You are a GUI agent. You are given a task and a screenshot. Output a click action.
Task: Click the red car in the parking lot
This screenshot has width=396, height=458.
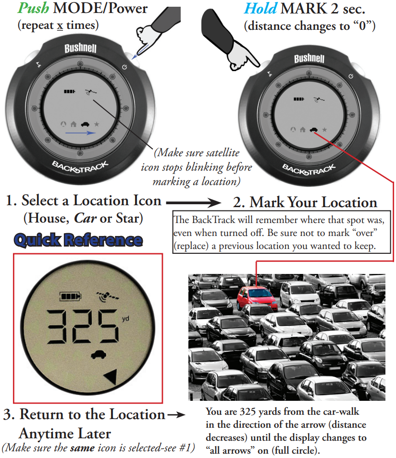pos(257,298)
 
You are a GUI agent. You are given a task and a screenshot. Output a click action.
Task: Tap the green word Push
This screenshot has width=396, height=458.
pos(33,8)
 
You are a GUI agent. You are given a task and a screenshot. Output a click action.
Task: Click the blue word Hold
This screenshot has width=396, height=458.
pos(260,8)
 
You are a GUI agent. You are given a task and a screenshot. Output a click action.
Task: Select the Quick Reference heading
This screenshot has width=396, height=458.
pos(78,240)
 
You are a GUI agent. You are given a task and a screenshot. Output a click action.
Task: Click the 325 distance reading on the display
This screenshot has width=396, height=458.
pos(83,326)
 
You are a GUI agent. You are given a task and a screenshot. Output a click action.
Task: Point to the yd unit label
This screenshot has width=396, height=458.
pos(125,318)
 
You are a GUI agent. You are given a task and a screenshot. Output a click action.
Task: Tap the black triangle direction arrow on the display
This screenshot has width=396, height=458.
pos(111,376)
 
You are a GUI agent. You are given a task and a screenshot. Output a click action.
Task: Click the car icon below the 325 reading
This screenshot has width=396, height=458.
pos(99,354)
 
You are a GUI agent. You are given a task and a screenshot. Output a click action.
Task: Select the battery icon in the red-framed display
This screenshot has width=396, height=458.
pos(70,296)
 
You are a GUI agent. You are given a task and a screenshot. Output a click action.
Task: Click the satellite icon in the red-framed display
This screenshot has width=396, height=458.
pos(108,296)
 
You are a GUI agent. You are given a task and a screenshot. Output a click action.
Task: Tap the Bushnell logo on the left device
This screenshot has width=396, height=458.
pos(80,48)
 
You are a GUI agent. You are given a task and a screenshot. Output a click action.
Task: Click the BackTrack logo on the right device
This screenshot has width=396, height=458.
pos(309,170)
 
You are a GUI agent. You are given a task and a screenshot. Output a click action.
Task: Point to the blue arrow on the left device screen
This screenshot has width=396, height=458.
pos(81,133)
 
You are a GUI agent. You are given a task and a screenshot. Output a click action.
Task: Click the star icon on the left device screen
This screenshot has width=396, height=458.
pos(97,124)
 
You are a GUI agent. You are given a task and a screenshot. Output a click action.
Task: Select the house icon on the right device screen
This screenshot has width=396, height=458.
pos(303,129)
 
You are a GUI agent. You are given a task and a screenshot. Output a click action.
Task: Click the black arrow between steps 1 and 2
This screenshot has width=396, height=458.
pos(194,202)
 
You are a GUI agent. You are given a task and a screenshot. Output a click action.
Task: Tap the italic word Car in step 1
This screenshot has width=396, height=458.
pos(85,218)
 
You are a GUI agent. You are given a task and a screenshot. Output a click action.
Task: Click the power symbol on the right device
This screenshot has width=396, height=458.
pos(351,76)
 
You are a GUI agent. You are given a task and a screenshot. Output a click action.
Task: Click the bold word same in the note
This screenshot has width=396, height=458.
pos(82,448)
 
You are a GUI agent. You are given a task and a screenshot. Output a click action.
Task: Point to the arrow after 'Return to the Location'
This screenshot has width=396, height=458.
pos(177,414)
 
